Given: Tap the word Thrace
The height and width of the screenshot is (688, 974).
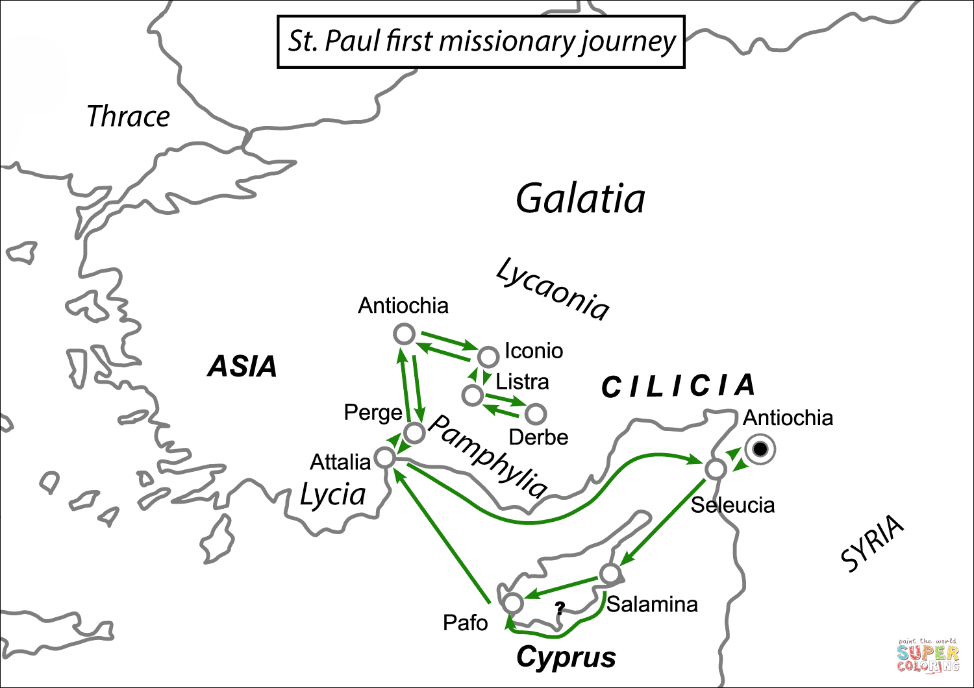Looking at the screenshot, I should (x=128, y=117).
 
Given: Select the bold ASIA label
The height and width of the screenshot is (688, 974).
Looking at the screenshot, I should (x=242, y=367).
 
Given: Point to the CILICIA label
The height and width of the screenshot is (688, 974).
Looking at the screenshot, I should (x=678, y=386).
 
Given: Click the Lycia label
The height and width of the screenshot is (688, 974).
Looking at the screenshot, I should (x=332, y=495).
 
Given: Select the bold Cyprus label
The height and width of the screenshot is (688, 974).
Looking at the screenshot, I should (x=566, y=657).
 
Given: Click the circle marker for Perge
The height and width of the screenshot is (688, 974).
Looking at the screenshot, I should (x=414, y=432).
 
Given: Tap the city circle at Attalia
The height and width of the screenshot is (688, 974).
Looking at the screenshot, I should (x=385, y=457).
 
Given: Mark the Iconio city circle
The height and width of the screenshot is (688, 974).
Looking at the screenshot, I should (x=488, y=356).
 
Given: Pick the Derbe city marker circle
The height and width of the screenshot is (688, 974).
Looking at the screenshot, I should (x=536, y=413).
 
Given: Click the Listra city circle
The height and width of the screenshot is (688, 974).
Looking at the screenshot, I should (x=472, y=395).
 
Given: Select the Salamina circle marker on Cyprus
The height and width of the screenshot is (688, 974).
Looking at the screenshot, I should (x=610, y=574).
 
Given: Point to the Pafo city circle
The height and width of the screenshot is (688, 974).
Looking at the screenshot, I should (x=513, y=603).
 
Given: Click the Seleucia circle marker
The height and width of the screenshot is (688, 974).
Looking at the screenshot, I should (x=716, y=469).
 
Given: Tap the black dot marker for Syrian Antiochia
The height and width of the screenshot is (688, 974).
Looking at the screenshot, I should (x=760, y=449).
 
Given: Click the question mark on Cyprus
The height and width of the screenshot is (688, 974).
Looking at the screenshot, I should (x=560, y=608).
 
